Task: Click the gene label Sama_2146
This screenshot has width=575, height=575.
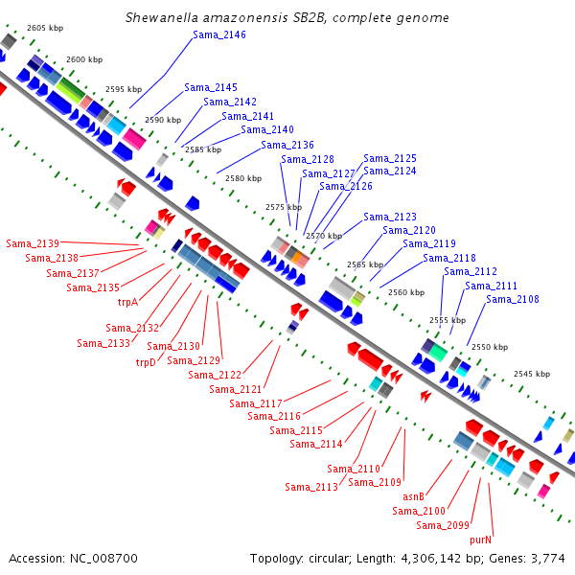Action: [219, 34]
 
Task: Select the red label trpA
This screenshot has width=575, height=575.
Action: [127, 302]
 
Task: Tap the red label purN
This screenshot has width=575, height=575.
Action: [480, 540]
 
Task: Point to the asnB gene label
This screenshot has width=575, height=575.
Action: [413, 496]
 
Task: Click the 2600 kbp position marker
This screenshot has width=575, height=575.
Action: [84, 59]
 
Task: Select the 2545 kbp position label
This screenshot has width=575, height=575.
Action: [532, 374]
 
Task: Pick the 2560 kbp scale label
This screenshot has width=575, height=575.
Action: [406, 292]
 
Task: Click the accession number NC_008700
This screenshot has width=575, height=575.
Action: [103, 559]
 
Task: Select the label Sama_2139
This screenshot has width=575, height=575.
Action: [33, 243]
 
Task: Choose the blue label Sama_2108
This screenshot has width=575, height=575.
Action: [513, 300]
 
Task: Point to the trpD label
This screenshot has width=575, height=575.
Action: [146, 362]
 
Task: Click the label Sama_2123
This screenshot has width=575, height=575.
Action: [390, 218]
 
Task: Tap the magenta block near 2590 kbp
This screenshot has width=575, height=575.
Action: [134, 139]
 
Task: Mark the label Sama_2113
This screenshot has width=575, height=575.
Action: [311, 488]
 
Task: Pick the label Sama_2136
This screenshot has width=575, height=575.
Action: [287, 146]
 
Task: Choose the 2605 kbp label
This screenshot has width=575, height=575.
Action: [45, 28]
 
